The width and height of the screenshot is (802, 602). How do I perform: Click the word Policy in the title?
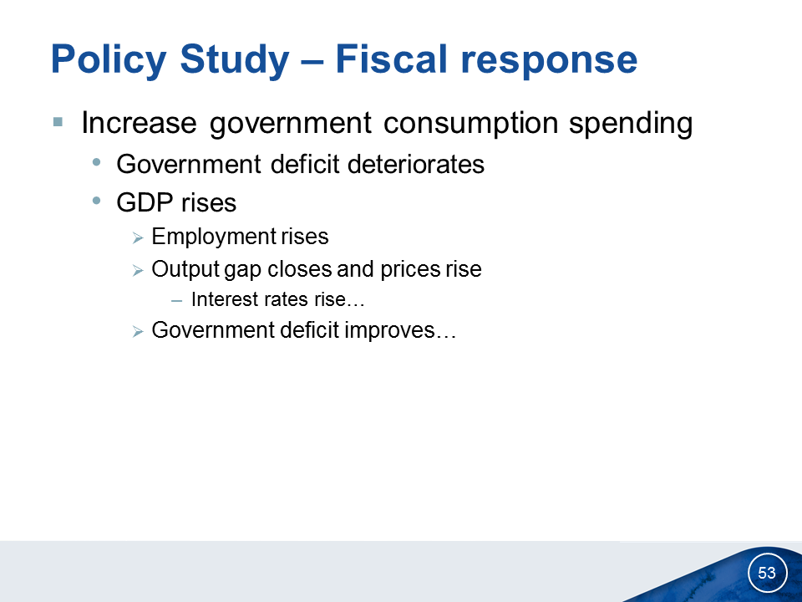pos(109,60)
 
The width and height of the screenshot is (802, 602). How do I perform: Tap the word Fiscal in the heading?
pos(391,59)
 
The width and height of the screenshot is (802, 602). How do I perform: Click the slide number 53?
pos(767,572)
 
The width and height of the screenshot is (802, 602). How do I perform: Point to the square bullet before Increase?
pos(58,122)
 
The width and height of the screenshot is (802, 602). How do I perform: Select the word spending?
pos(631,124)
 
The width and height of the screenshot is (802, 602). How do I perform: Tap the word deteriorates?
pos(416,165)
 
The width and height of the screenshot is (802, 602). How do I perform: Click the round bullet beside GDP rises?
pos(97,202)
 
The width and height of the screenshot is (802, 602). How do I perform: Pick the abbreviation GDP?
pos(145,202)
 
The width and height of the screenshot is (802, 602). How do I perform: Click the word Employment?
pos(213,237)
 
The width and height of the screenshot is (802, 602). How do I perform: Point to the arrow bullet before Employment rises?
pos(138,238)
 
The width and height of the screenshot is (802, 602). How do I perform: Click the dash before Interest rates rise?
pos(177,301)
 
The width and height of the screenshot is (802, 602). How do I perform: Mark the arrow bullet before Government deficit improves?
pos(138,332)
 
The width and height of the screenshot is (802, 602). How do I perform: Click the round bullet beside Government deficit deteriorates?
pos(97,163)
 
